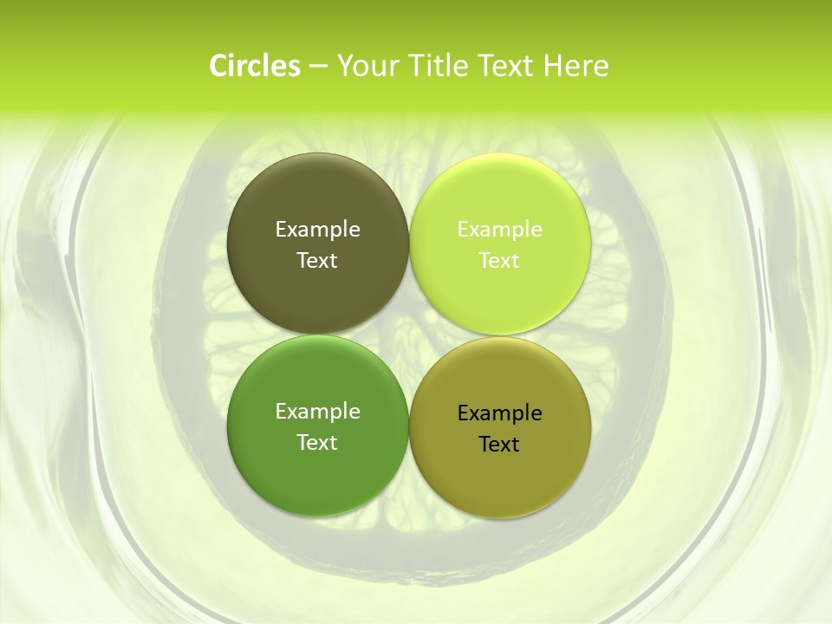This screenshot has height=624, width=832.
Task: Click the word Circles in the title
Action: click(x=254, y=66)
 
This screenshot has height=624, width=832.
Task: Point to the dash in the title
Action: click(x=317, y=67)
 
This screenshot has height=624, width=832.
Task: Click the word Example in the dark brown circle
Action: click(x=317, y=230)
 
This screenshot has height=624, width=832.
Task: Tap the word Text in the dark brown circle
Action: click(x=317, y=261)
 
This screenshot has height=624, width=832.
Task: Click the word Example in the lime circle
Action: click(x=500, y=230)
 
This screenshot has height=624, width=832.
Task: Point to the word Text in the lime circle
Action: click(x=500, y=261)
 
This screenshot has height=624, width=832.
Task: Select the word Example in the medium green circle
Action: click(x=317, y=412)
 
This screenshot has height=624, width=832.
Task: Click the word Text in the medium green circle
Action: click(x=317, y=443)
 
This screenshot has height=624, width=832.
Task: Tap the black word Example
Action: click(x=500, y=413)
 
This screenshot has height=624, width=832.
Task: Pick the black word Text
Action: click(x=500, y=445)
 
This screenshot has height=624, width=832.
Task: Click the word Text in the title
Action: click(x=505, y=66)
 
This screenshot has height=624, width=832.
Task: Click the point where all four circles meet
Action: click(x=409, y=335)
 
